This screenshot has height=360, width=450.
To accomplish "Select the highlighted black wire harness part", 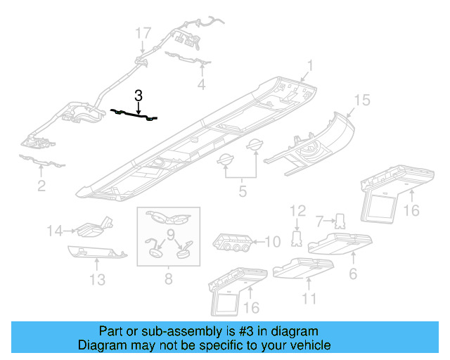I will point(134,115).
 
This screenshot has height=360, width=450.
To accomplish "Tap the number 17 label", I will point(143,33).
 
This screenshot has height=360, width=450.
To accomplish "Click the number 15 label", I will point(361,101).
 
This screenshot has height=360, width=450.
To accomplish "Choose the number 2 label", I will point(41,186).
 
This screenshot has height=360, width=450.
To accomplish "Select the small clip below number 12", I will point(297,240).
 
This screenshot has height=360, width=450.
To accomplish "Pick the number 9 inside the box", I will point(170,233).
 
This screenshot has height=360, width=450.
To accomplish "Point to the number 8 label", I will point(168,280).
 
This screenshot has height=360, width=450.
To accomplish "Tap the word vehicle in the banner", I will point(307,345).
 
